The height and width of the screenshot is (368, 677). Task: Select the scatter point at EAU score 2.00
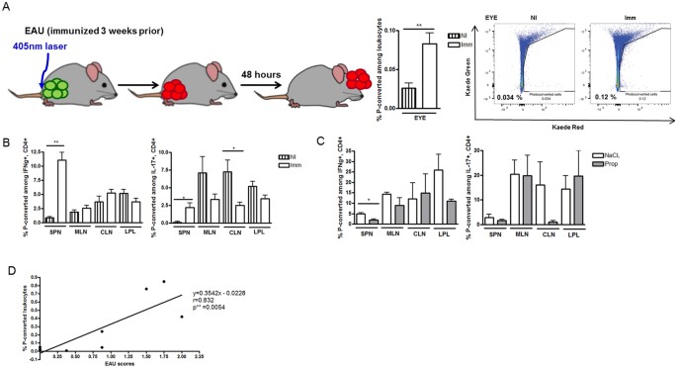click(181, 317)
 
